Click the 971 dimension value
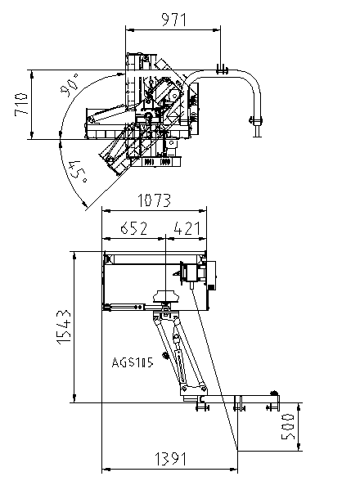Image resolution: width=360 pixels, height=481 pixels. [173, 20]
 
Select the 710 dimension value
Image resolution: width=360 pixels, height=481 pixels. [21, 104]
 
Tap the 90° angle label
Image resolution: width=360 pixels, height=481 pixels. [70, 85]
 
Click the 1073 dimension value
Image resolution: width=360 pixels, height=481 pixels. [154, 200]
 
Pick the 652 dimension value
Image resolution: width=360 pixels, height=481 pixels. [134, 228]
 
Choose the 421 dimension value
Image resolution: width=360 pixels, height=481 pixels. [187, 228]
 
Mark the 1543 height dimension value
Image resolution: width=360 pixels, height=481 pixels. [64, 327]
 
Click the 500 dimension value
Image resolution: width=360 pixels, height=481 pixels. [288, 426]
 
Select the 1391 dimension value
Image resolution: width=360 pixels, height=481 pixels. [171, 459]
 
